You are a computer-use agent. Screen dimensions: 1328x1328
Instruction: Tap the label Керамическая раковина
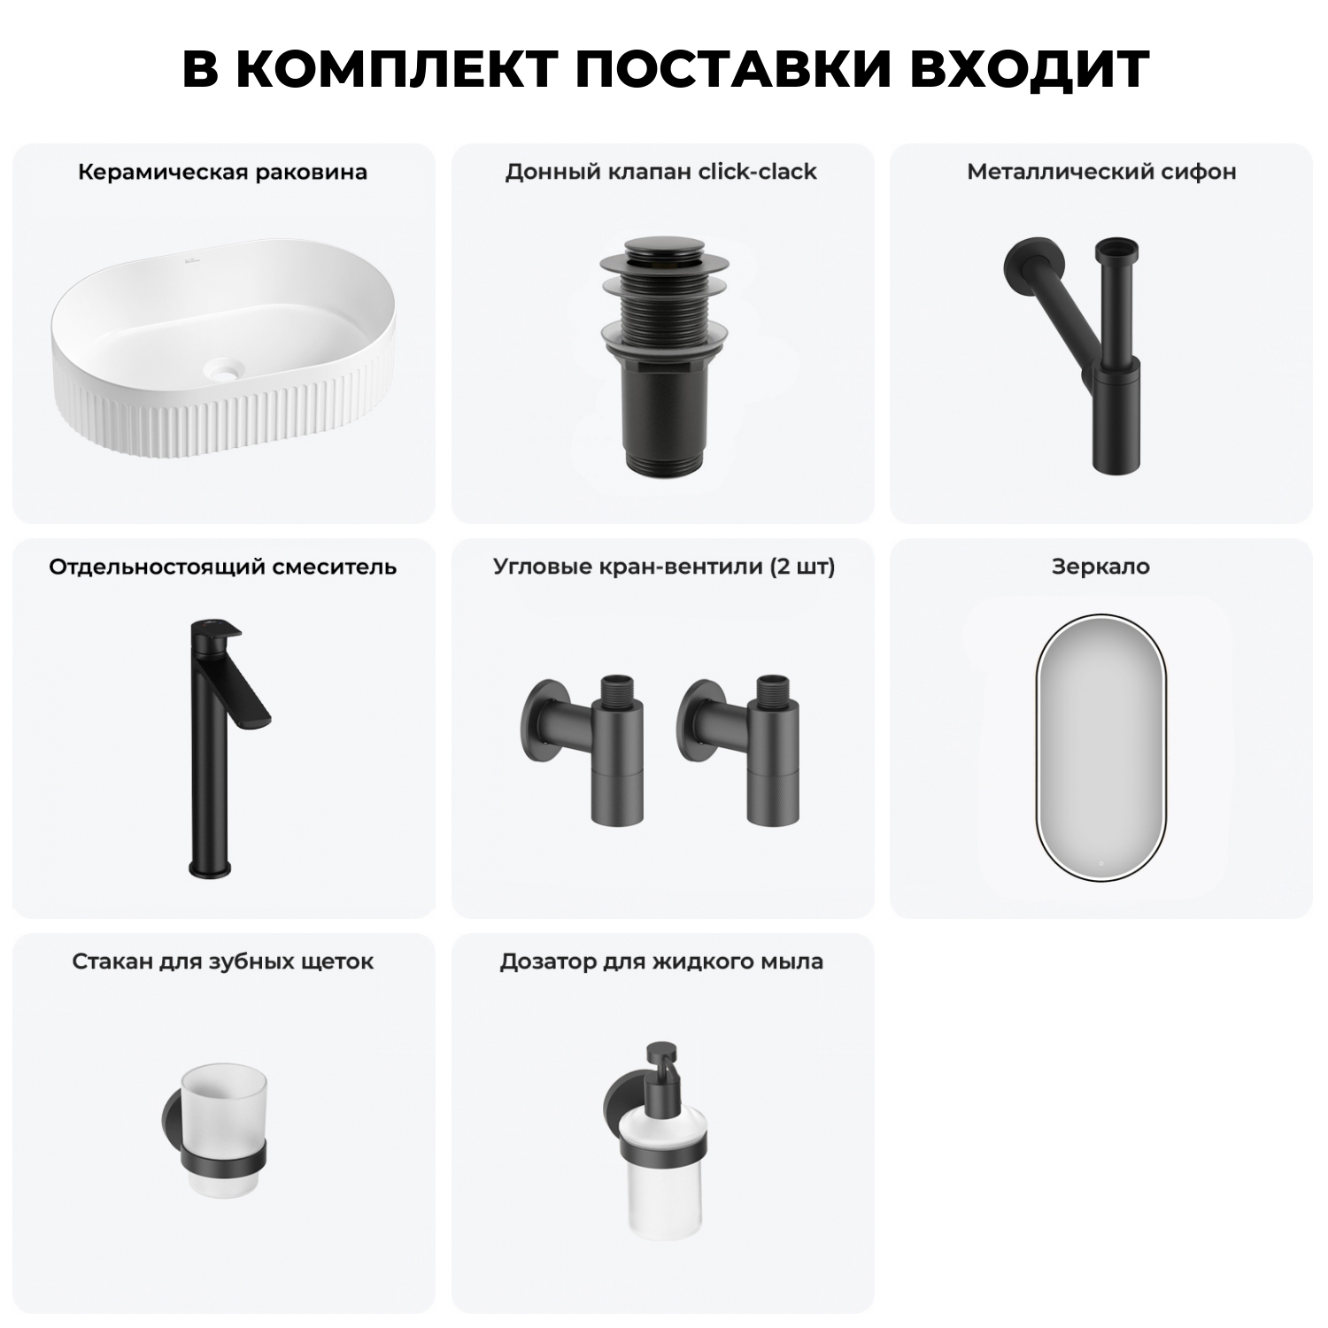tap(222, 172)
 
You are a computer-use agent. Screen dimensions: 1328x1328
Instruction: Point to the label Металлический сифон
tap(1101, 172)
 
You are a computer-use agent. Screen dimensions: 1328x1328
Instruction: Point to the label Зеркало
tap(1100, 567)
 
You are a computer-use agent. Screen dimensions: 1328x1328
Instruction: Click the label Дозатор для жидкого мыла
tap(661, 961)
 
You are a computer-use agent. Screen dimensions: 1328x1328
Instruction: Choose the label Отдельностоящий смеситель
tap(222, 567)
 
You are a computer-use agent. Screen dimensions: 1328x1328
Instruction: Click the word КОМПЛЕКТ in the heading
tap(398, 68)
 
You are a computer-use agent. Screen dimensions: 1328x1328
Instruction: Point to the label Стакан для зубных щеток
tap(222, 961)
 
